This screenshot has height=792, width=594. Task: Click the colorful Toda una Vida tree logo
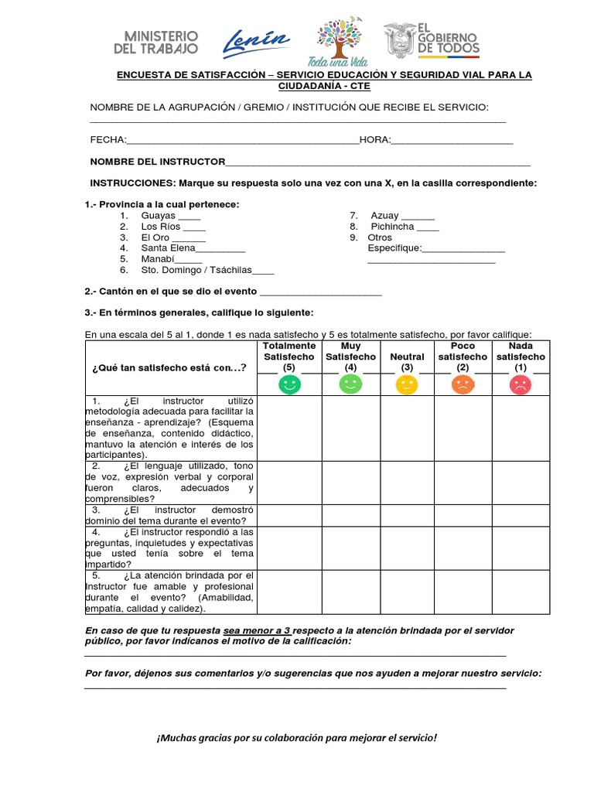coord(340,43)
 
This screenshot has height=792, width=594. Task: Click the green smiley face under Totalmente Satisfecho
coord(289,384)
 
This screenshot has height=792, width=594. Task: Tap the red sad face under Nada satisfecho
coord(521,384)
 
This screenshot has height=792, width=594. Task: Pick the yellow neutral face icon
coord(406,384)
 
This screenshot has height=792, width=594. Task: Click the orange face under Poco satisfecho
coord(463,384)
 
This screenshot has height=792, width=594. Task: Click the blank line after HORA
coord(452,141)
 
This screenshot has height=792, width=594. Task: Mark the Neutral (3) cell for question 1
coord(407,428)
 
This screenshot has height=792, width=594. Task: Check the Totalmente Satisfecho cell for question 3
coord(289,515)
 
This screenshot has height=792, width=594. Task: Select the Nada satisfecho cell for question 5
coord(521,592)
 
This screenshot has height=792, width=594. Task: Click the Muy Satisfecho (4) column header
coord(350,357)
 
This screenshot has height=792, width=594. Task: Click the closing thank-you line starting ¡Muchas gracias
coord(296,738)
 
